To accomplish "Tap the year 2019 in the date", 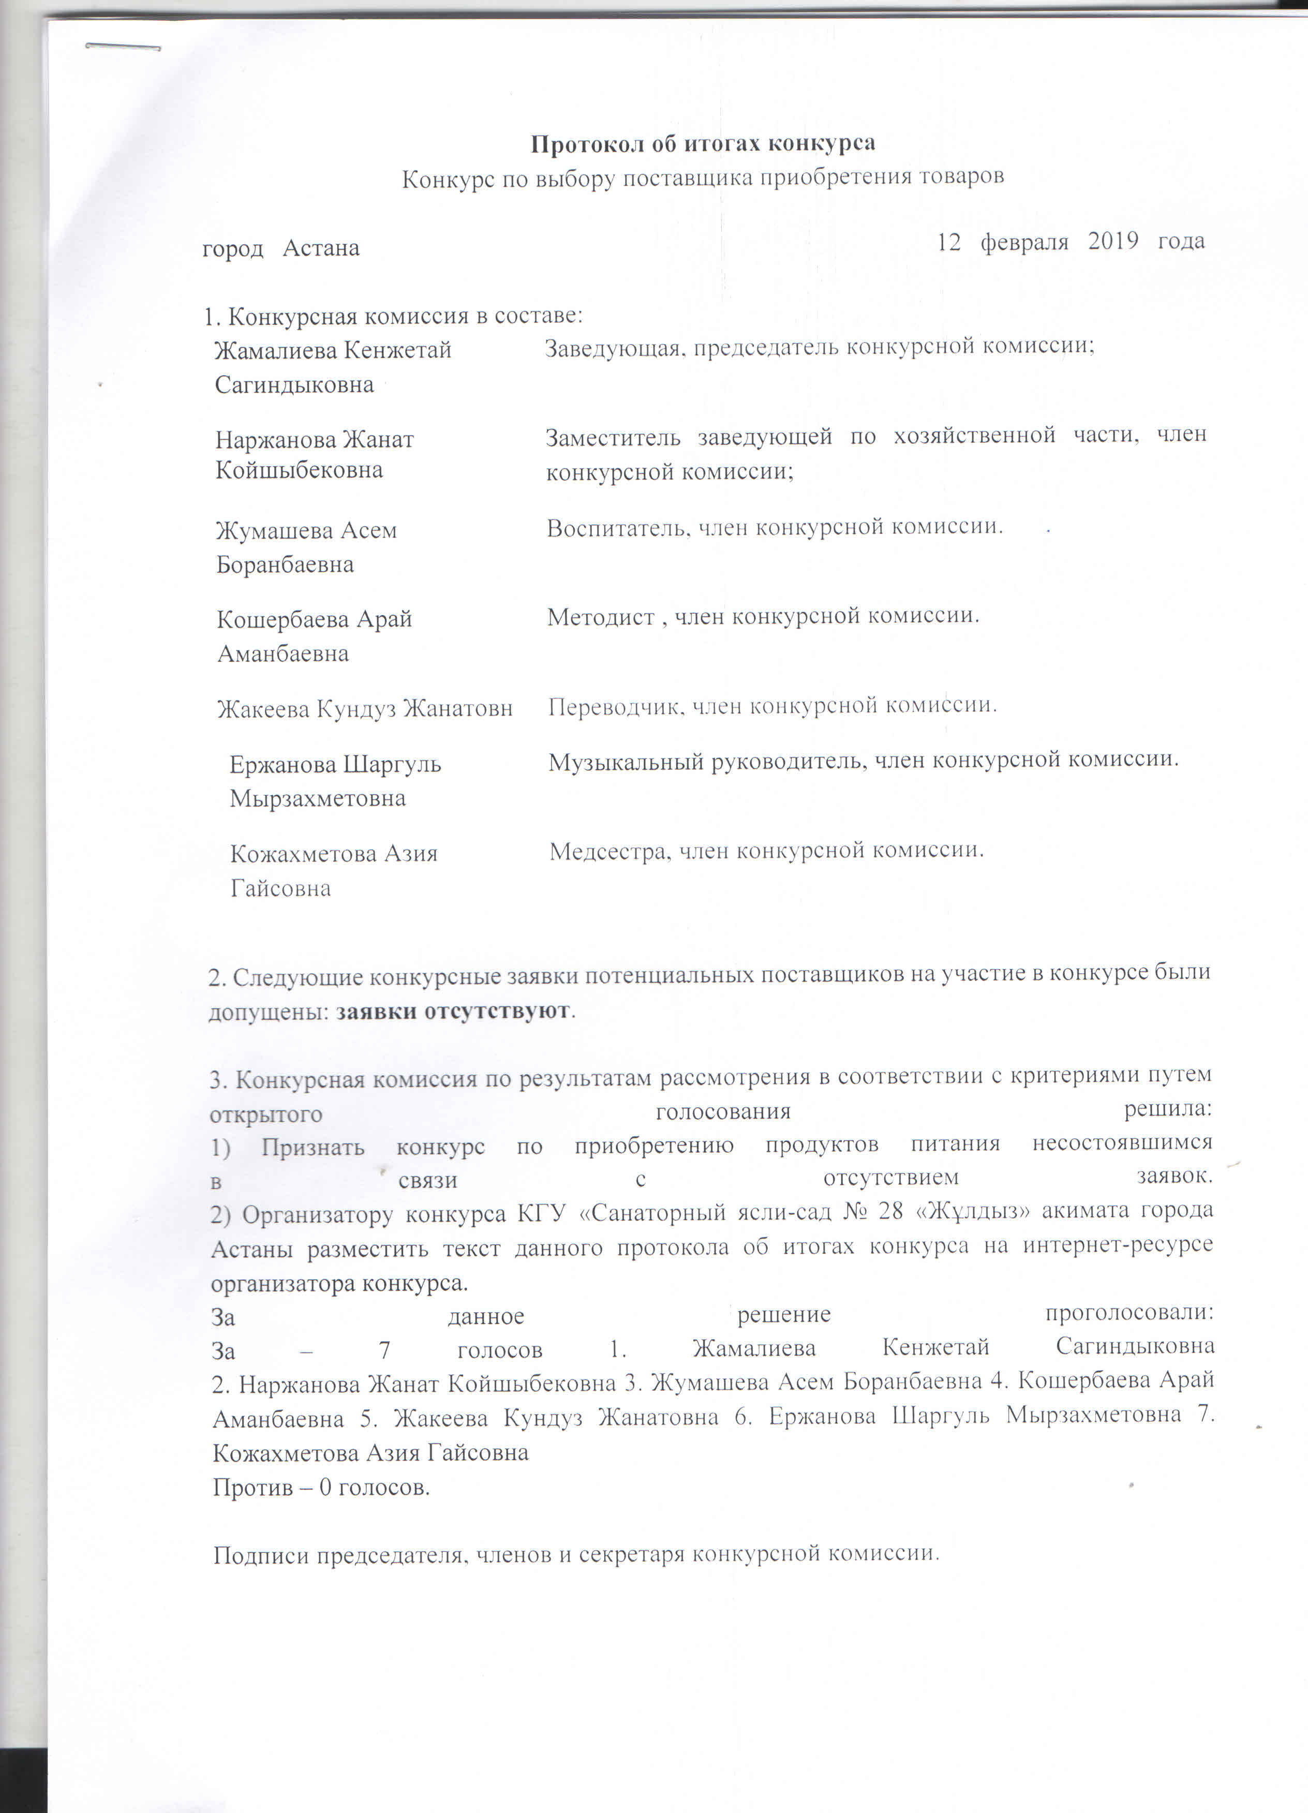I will tap(1112, 242).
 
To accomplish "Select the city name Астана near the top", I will tap(321, 248).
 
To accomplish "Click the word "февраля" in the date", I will tap(1023, 242).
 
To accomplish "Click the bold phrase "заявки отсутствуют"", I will tap(453, 1011).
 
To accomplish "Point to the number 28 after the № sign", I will tap(890, 1210).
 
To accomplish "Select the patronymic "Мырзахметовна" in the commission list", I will tap(317, 798).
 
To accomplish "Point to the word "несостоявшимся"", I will tap(1122, 1143).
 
